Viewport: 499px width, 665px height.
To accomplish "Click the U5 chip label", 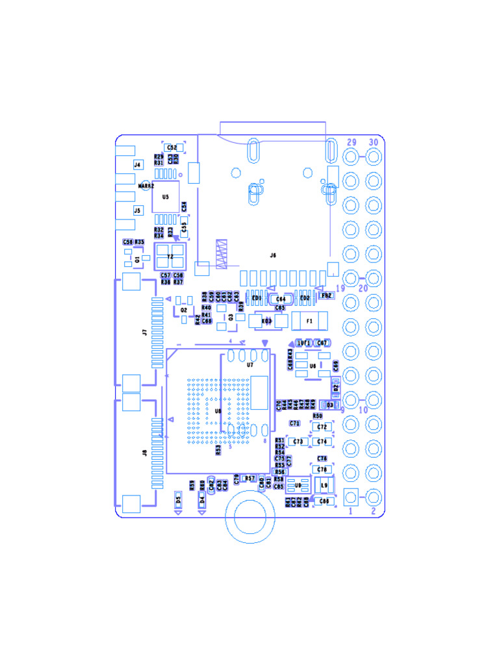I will click(166, 196).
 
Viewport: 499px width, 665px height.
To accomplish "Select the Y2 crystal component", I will click(170, 257).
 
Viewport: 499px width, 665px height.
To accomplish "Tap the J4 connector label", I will click(137, 165).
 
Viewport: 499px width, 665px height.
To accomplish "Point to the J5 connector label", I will click(137, 210).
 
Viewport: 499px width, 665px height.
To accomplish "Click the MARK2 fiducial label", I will click(147, 186).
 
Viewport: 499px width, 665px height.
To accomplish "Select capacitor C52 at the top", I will click(172, 148).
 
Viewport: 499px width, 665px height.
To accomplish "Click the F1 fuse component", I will click(309, 321).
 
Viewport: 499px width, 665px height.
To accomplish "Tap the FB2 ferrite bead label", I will click(326, 295).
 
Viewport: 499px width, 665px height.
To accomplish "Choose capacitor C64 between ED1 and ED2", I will click(281, 299).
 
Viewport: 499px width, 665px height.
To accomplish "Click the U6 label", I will click(313, 366).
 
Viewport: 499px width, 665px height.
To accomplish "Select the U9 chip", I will click(298, 485).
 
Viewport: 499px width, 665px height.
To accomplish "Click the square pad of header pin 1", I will click(352, 497).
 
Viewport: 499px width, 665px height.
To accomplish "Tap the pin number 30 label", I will click(374, 142).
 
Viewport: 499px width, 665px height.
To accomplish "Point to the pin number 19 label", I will click(340, 288).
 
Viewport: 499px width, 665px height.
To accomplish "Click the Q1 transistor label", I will click(137, 259).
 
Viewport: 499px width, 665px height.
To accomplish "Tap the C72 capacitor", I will click(321, 427).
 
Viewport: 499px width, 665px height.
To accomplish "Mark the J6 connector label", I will click(273, 255).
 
